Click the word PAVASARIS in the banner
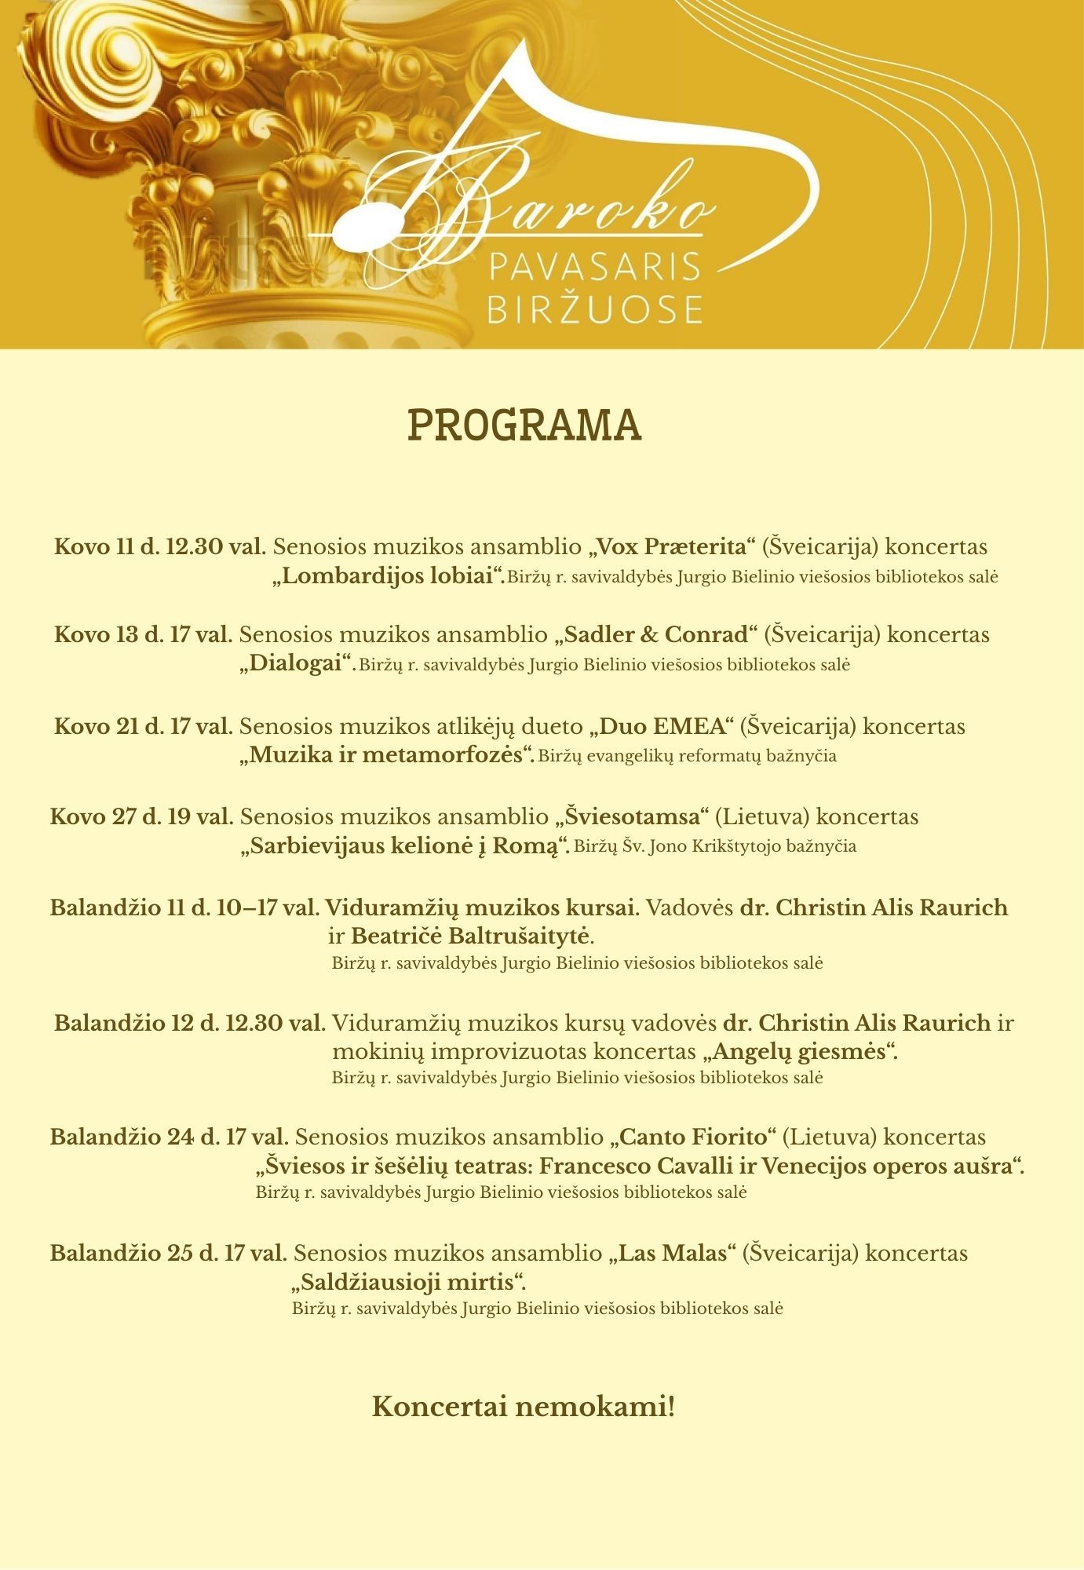coord(594,268)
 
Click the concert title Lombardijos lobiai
coord(388,576)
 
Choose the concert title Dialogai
coord(295,664)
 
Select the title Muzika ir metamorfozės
coord(386,756)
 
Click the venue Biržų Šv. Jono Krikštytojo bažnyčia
coord(714,846)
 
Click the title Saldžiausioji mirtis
coord(407,1283)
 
